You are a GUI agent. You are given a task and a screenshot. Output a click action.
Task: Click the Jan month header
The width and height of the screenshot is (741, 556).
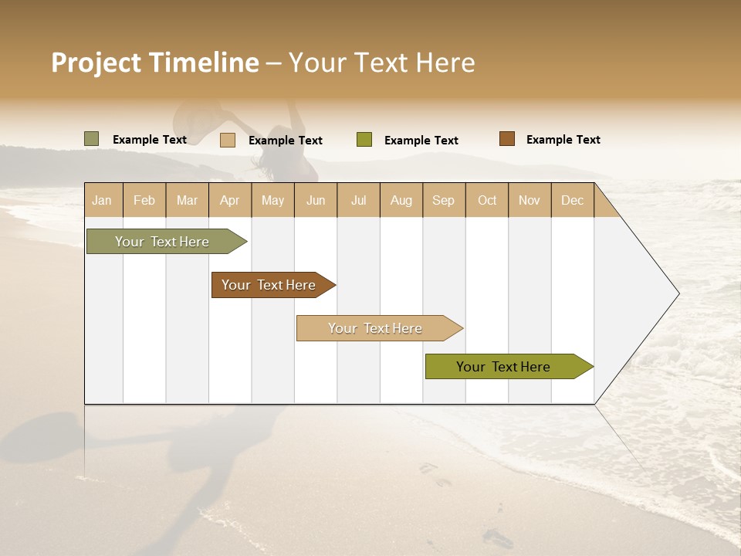pos(102,200)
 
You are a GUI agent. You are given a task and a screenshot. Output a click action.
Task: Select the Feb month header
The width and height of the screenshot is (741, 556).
pos(144,200)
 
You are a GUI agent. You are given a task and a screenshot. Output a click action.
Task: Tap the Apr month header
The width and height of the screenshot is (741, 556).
pos(229,200)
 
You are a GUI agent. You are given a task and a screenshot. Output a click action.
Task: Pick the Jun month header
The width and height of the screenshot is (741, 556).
pos(316,200)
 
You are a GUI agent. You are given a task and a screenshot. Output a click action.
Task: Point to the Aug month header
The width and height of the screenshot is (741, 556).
pos(401,200)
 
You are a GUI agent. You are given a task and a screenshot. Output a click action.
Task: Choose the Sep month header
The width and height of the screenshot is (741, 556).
pos(443,200)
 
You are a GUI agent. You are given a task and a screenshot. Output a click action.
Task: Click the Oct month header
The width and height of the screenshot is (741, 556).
pos(487,200)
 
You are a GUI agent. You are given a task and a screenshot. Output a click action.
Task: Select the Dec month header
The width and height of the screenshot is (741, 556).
pos(572,200)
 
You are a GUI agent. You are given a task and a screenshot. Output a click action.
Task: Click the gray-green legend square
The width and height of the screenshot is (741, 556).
pos(92,139)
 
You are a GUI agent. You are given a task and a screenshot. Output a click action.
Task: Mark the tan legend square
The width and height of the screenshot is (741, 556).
pos(228,140)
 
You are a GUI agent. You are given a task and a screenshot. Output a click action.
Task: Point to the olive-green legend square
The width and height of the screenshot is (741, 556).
pos(364,140)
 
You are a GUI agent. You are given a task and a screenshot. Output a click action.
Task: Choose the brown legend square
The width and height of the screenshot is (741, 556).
pos(507,139)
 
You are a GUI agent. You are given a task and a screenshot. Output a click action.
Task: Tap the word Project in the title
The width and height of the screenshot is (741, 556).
pos(96,63)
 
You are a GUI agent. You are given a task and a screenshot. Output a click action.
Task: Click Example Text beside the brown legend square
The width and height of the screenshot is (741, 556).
pos(563,140)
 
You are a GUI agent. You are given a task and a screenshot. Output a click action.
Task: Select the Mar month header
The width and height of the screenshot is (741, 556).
pos(187,200)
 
